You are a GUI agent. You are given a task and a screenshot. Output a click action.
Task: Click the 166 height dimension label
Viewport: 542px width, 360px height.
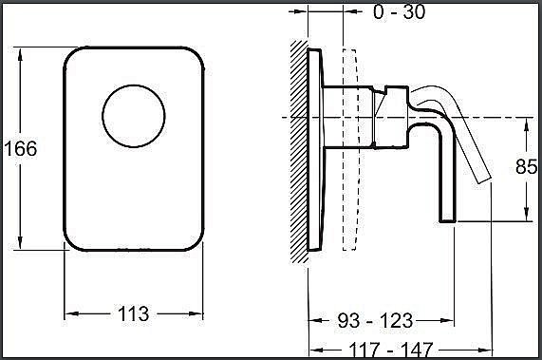tap(21, 149)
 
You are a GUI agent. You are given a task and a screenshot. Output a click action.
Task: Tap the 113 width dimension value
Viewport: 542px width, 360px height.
tap(134, 314)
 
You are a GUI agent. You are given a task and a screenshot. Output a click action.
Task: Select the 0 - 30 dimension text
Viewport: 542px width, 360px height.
tap(400, 11)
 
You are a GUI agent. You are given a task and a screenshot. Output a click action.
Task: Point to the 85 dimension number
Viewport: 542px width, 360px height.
tap(526, 166)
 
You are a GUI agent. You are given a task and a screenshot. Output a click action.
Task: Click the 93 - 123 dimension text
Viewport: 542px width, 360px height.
tap(375, 320)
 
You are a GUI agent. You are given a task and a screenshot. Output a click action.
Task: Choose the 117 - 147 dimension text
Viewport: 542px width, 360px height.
tap(390, 350)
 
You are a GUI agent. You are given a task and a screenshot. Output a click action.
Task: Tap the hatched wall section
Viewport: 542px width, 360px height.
tap(299, 151)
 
